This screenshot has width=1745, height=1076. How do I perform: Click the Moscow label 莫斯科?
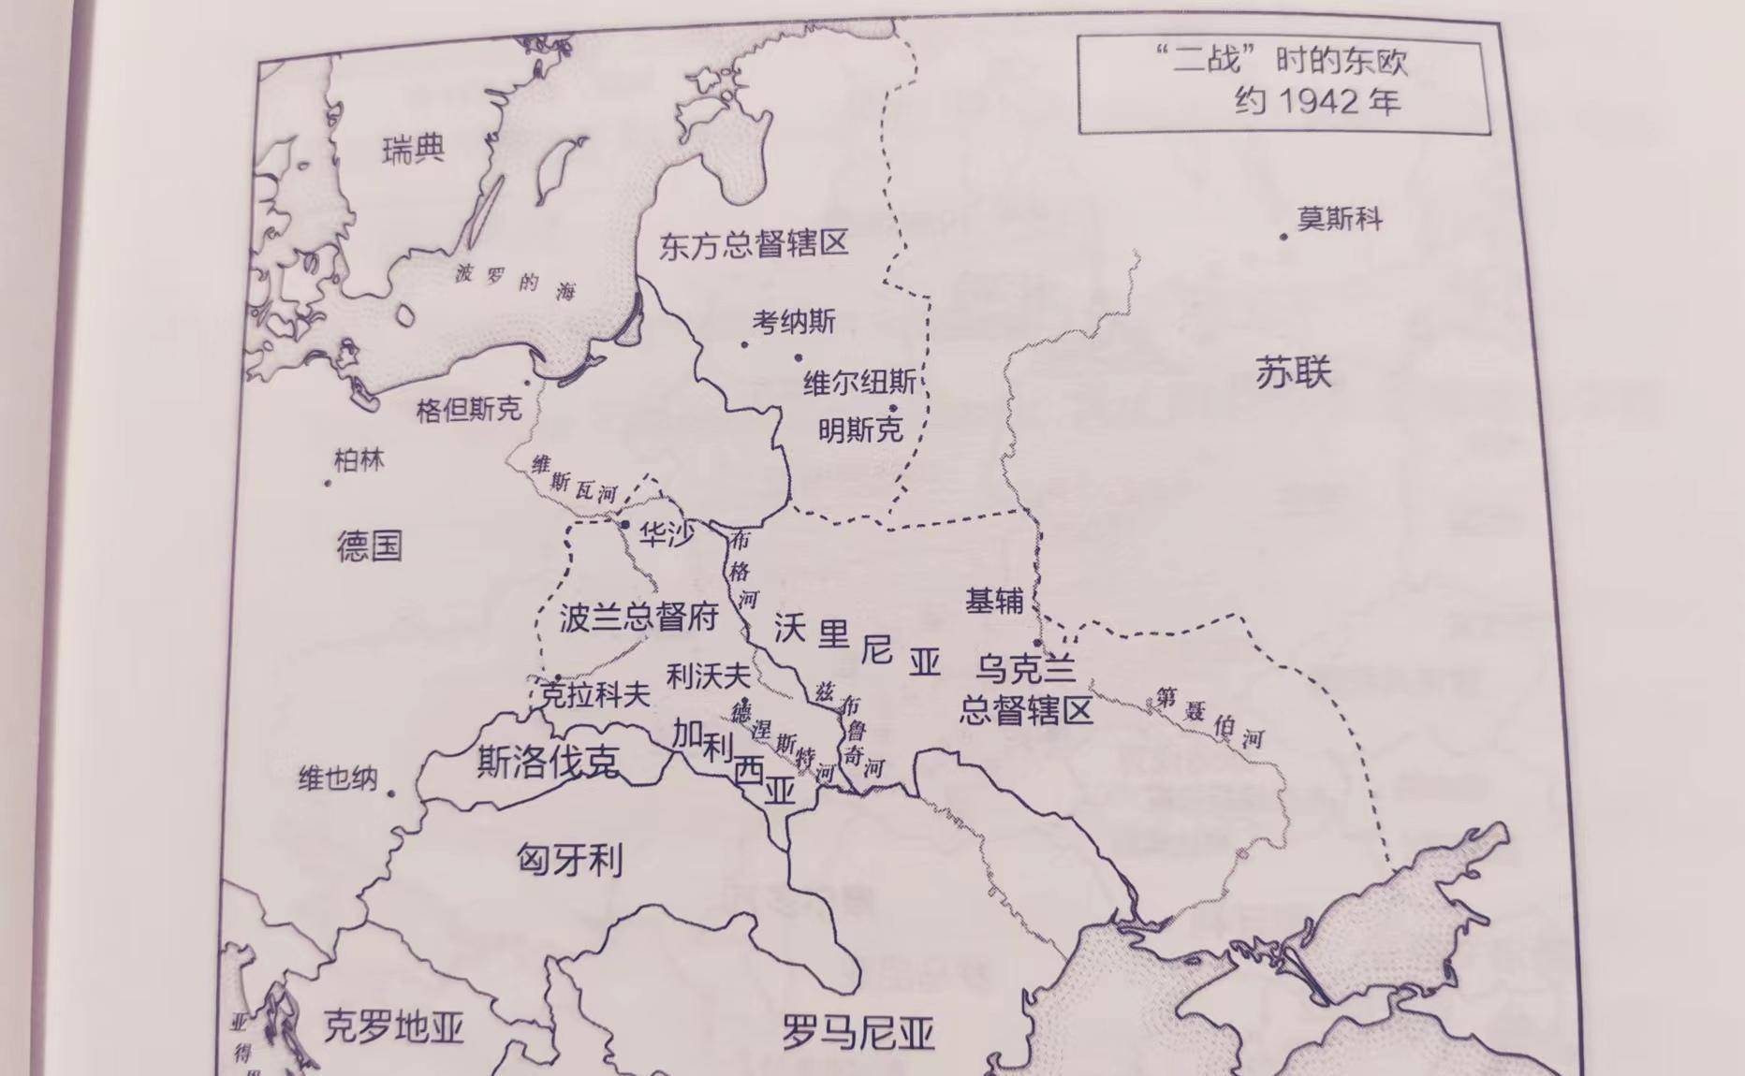[1339, 220]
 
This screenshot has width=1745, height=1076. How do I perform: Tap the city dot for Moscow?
[1283, 237]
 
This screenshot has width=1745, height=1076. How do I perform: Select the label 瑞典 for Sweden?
[413, 150]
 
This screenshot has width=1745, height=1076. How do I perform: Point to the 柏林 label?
[359, 460]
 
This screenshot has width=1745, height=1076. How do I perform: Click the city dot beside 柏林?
[328, 484]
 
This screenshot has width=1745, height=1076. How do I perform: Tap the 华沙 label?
[667, 534]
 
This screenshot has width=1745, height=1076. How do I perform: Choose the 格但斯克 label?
[468, 409]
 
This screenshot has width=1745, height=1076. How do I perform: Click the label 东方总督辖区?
[754, 245]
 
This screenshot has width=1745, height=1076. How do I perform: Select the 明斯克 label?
[860, 429]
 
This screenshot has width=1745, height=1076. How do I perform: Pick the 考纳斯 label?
[794, 323]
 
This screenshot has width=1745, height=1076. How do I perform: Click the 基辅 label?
[994, 601]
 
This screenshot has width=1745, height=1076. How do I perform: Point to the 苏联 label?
[1293, 373]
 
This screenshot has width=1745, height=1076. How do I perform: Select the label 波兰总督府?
[639, 618]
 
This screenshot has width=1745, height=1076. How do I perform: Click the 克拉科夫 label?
[595, 694]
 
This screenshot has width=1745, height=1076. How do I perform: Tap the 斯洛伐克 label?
[548, 763]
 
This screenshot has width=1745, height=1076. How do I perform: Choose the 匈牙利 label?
[569, 859]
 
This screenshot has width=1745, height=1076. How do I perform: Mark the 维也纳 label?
[338, 778]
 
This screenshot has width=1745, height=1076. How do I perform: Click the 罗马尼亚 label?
[858, 1034]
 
